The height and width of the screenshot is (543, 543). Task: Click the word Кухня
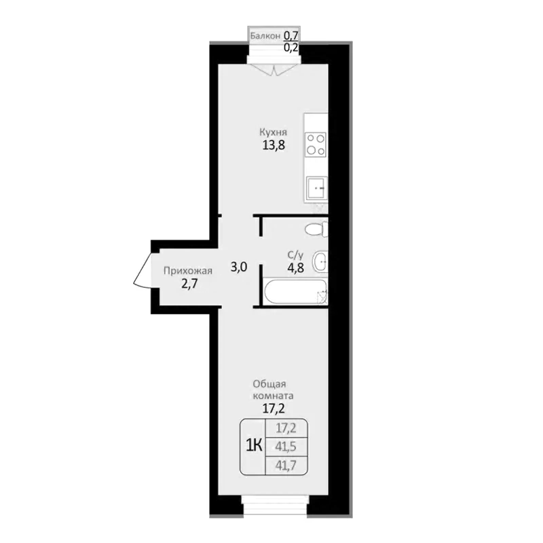[272, 132]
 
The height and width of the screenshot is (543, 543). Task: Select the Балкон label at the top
[265, 35]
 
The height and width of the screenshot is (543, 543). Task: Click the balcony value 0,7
[291, 35]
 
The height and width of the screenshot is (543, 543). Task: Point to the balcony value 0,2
[291, 48]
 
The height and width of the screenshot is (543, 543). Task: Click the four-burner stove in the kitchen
[316, 145]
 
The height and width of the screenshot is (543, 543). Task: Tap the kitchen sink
[316, 187]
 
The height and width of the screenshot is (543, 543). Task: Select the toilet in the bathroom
[316, 229]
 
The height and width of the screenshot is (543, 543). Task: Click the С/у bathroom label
[295, 255]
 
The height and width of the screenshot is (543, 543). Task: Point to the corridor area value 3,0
[238, 267]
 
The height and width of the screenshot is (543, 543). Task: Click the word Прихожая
[183, 271]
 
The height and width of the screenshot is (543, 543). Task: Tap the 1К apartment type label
[254, 445]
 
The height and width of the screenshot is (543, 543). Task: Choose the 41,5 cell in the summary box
[285, 447]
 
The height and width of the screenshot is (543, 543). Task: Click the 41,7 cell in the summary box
[285, 465]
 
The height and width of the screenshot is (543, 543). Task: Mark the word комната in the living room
[273, 396]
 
